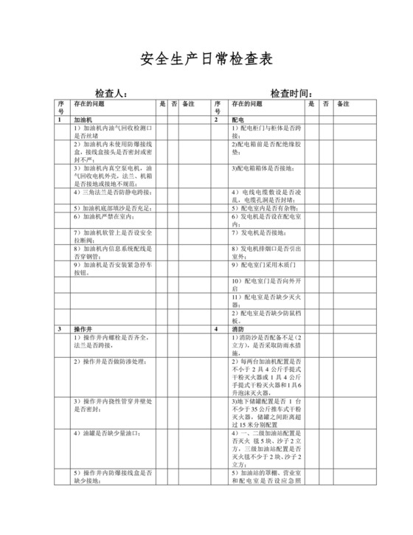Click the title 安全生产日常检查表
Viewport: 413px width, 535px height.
click(206, 59)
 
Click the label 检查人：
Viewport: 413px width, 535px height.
click(111, 94)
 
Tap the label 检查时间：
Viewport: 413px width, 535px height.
click(291, 94)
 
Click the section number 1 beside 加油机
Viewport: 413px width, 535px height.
click(60, 119)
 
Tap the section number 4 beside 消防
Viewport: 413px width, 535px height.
click(216, 328)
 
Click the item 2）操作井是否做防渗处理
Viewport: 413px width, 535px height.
click(108, 362)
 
